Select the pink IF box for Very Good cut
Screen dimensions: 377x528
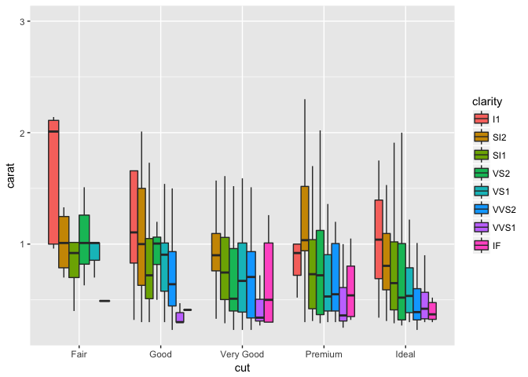tap(268, 282)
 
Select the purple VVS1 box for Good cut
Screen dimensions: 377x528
tap(179, 317)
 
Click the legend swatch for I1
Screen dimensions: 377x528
tap(479, 119)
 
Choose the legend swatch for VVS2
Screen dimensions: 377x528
tap(479, 210)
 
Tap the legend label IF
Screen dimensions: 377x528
tap(497, 246)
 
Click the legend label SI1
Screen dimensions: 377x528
tap(499, 156)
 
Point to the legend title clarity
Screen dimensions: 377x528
tap(487, 102)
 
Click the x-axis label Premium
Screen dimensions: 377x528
tap(324, 354)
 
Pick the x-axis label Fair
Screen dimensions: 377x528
tap(79, 354)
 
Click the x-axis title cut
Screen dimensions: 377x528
tap(242, 367)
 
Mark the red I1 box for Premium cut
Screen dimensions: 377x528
tap(296, 259)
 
